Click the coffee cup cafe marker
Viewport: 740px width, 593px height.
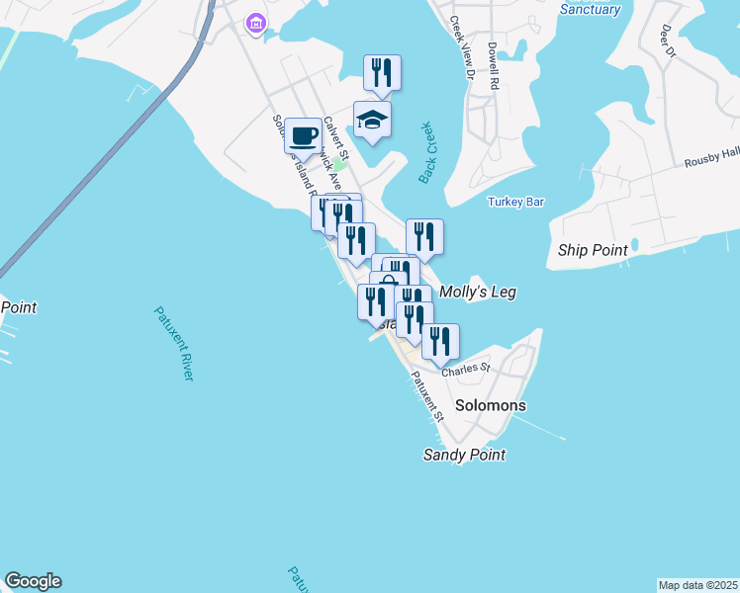pos(304,135)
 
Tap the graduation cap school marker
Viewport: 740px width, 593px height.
pos(373,121)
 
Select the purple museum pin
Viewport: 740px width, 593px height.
pos(256,23)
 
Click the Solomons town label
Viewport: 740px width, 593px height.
pos(491,405)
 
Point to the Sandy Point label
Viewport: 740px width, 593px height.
pos(464,455)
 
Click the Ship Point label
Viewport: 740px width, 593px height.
pos(593,250)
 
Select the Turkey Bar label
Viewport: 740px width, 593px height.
pos(516,202)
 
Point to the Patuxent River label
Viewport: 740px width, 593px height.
pos(173,343)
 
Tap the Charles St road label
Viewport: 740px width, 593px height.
pos(466,370)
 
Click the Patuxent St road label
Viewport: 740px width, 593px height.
pos(427,393)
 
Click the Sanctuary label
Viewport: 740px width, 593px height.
pos(590,10)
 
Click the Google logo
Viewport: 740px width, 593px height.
pos(33,581)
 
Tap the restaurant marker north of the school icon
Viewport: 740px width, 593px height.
pos(382,72)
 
